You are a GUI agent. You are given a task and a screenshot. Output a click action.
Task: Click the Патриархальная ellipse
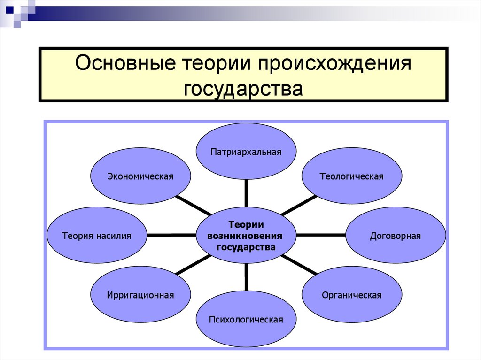click(x=246, y=152)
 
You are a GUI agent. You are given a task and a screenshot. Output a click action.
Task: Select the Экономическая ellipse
click(x=140, y=176)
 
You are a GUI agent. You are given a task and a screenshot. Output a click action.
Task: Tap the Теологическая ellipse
click(x=351, y=176)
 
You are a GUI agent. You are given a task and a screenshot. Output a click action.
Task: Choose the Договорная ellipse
click(x=396, y=235)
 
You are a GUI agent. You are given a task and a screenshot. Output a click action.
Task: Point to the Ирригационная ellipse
click(x=140, y=295)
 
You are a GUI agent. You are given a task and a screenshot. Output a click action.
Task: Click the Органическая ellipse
click(x=351, y=295)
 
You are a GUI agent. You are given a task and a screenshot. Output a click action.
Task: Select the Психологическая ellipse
click(x=246, y=320)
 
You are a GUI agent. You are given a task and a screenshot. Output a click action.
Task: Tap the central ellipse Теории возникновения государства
click(x=246, y=235)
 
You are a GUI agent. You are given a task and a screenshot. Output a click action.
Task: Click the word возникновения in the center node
click(x=246, y=235)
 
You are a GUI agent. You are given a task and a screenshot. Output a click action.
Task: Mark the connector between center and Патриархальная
click(x=246, y=194)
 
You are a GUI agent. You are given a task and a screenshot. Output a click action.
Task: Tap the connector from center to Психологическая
click(x=246, y=278)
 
